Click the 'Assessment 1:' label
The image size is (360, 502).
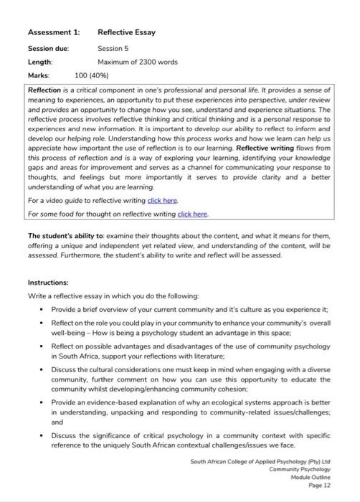click(53, 32)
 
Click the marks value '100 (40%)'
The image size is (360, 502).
click(95, 75)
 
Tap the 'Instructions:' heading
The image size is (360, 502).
click(49, 283)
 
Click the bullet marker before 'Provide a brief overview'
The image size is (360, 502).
click(42, 309)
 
